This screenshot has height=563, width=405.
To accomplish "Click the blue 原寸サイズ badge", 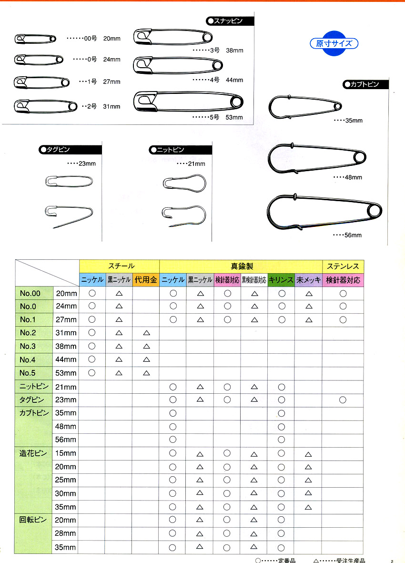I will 334,44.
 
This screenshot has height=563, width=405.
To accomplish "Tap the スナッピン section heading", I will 230,21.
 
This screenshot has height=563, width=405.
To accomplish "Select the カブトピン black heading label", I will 365,84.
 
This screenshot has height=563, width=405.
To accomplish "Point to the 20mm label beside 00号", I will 111,38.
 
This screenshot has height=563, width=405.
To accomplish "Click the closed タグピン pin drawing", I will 69,181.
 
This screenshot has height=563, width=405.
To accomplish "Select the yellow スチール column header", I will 119,266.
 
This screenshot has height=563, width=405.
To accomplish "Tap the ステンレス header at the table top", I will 343,266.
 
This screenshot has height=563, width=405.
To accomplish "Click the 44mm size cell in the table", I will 66,359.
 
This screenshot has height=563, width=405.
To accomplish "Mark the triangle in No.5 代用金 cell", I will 146,373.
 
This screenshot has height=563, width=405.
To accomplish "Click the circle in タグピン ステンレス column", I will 343,399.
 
